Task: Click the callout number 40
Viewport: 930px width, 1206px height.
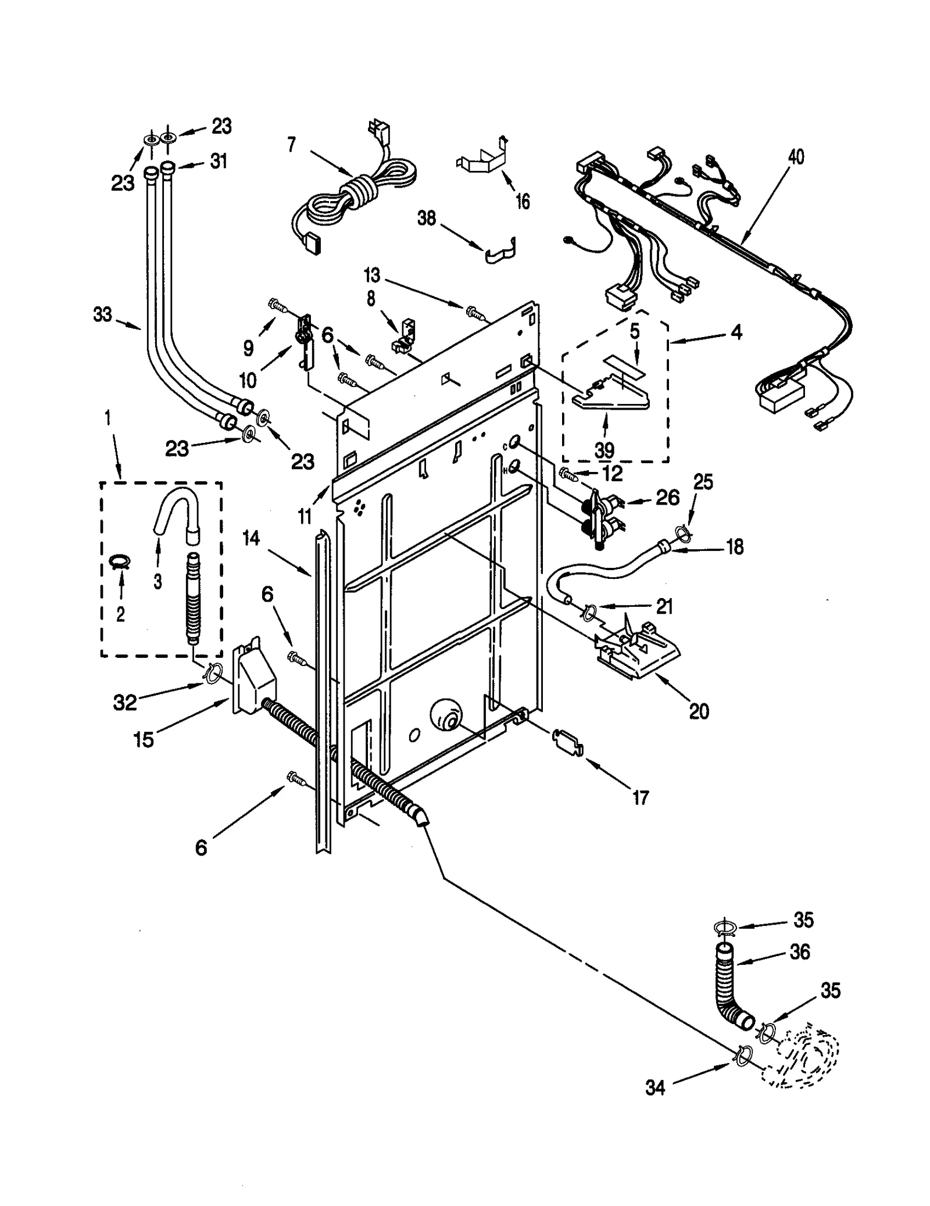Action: (796, 157)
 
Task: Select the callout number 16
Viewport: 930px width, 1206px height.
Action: (523, 202)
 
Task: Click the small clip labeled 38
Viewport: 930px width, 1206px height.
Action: (501, 252)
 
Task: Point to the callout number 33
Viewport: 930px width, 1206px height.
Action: (102, 315)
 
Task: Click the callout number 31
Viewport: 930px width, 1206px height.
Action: (219, 161)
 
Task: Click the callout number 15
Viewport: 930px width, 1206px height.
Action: (144, 739)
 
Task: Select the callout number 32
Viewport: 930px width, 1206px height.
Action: (125, 702)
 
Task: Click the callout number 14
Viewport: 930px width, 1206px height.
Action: (251, 538)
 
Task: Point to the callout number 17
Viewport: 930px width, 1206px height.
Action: (640, 797)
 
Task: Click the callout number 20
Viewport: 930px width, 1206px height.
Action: (699, 710)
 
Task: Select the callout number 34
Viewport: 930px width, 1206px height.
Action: (655, 1087)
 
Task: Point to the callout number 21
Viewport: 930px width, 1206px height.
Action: (664, 607)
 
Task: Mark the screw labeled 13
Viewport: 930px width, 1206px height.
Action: (473, 312)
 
